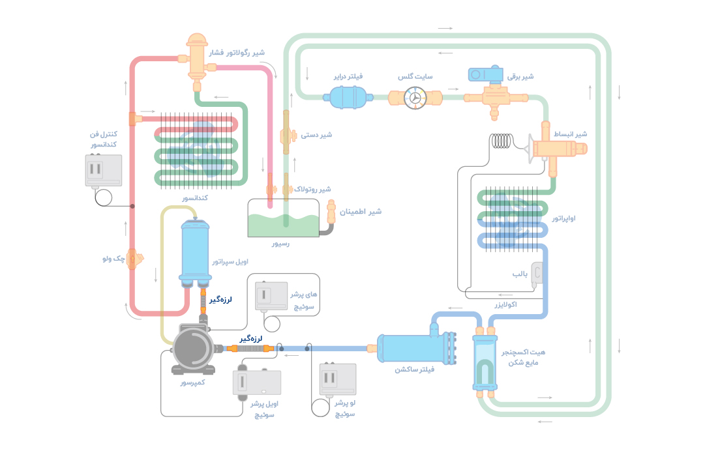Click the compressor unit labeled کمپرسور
pyautogui.click(x=192, y=349)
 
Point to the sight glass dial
pyautogui.click(x=413, y=98)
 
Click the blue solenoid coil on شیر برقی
pyautogui.click(x=486, y=74)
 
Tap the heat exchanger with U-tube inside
pyautogui.click(x=484, y=362)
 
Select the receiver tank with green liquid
pyautogui.click(x=282, y=219)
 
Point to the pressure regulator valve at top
pyautogui.click(x=196, y=59)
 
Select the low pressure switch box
pyautogui.click(x=337, y=379)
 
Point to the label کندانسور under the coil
pyautogui.click(x=195, y=197)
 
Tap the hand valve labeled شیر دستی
pyautogui.click(x=286, y=135)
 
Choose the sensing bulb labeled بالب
pyautogui.click(x=537, y=273)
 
